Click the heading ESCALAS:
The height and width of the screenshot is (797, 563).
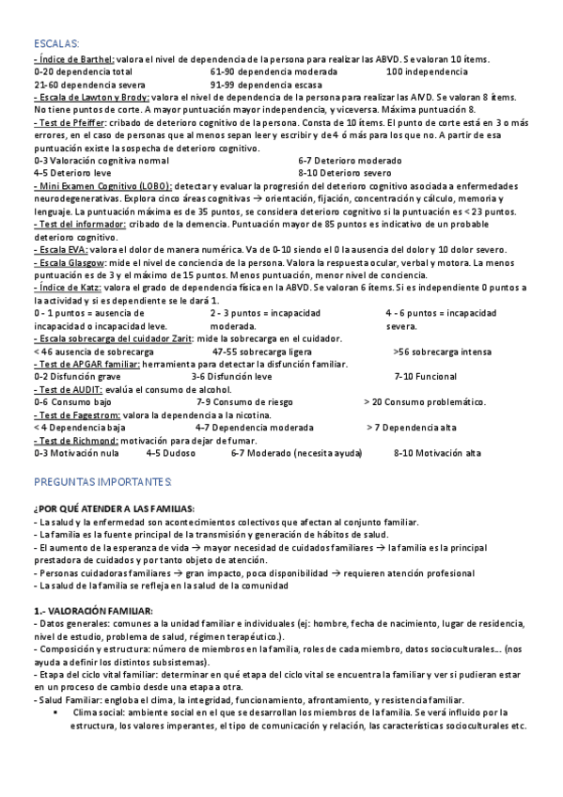tap(57, 43)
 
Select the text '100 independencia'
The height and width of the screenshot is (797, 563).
tap(427, 71)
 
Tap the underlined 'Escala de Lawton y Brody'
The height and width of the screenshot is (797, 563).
tap(93, 97)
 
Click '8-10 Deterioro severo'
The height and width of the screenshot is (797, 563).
tap(345, 173)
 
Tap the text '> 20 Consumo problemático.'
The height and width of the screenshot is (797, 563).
tap(426, 401)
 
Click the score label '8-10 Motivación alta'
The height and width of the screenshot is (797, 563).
tap(437, 452)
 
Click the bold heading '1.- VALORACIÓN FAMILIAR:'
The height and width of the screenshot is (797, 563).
tap(93, 610)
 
